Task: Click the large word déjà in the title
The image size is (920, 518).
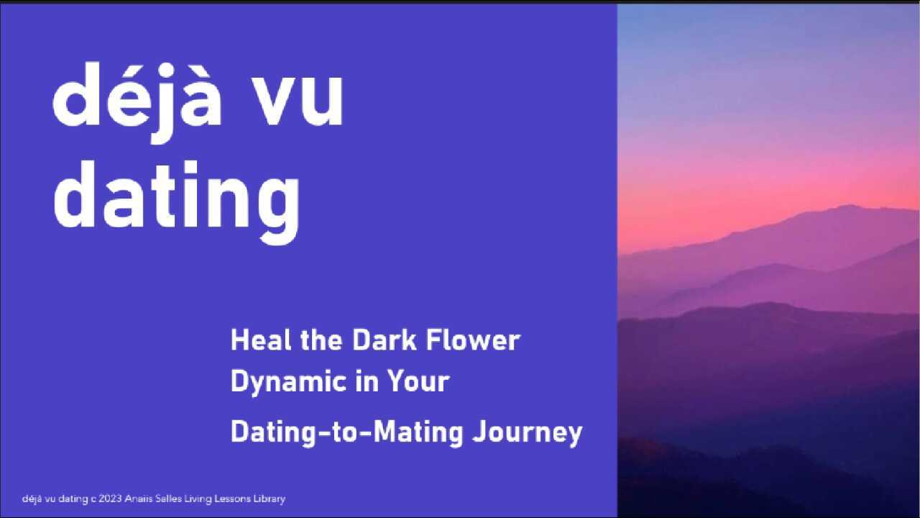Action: [137, 102]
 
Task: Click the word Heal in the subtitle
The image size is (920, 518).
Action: [261, 340]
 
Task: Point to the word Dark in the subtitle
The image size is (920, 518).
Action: [385, 340]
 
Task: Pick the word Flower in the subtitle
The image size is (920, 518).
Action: [473, 340]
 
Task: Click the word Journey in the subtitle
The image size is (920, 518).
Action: [528, 433]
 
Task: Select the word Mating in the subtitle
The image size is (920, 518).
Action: [419, 433]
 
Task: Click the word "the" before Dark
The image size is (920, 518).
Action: [321, 340]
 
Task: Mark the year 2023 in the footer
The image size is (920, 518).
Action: [110, 499]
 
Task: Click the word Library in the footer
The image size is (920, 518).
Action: [269, 499]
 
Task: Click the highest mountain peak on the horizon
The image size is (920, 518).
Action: [849, 206]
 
